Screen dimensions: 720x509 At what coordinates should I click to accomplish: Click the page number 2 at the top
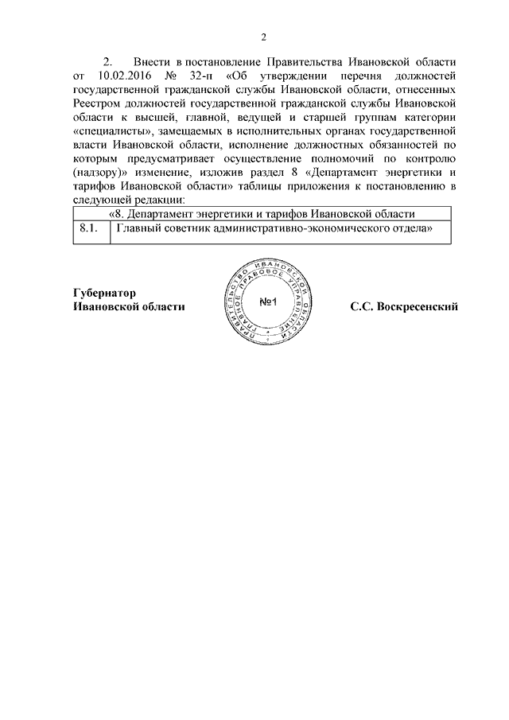tap(262, 36)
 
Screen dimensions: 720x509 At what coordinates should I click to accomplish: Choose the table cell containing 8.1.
tap(89, 231)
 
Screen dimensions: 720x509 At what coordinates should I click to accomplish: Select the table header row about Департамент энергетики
tap(262, 214)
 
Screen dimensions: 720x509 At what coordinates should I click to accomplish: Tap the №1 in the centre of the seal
tap(267, 302)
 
